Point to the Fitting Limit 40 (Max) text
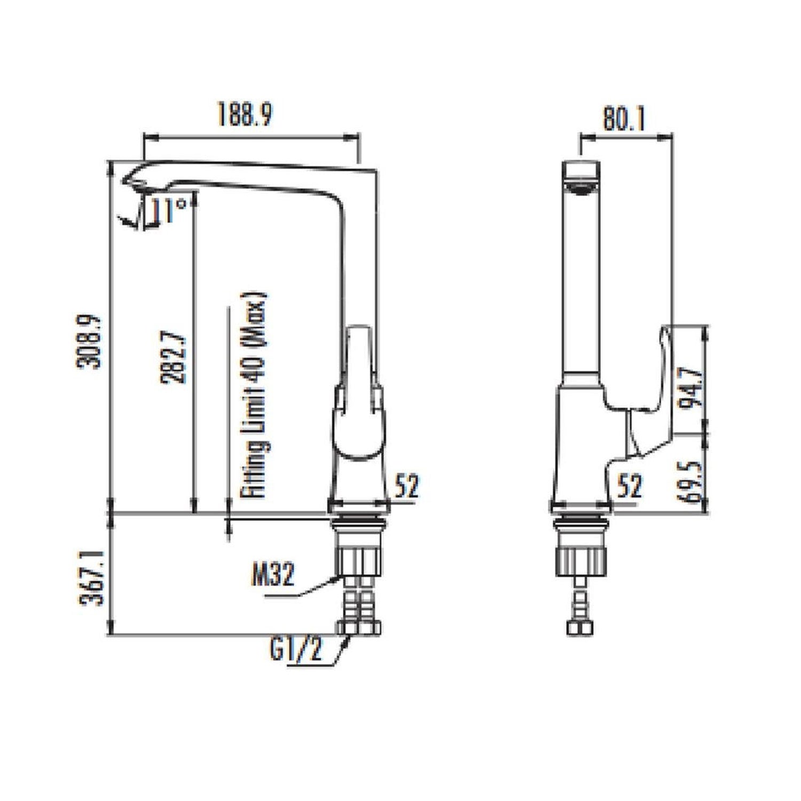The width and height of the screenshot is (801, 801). (x=255, y=395)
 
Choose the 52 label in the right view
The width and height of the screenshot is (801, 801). (x=630, y=486)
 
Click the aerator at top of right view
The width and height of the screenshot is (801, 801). (x=581, y=187)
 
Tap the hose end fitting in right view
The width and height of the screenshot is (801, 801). (x=580, y=628)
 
